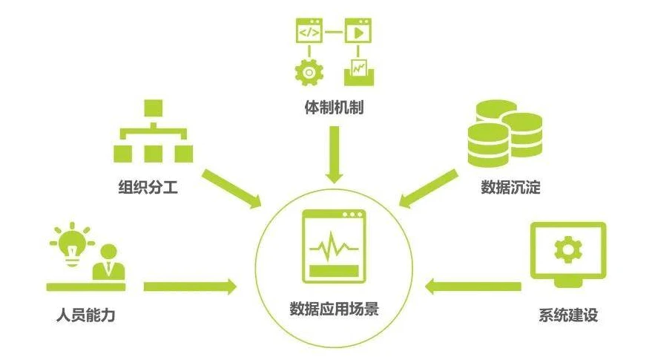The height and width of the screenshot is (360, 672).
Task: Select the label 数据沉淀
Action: pos(510,187)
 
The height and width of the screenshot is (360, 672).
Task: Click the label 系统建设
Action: pos(568,315)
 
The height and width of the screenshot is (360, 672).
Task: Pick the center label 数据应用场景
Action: pos(335,309)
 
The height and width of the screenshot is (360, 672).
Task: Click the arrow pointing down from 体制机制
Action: pos(335,154)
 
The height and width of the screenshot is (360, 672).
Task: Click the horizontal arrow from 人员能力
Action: pos(189,286)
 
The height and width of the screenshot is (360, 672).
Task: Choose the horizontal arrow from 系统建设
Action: pos(475,286)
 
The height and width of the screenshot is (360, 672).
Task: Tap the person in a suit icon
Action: pos(108,262)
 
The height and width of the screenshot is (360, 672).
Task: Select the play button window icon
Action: pos(358,33)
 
